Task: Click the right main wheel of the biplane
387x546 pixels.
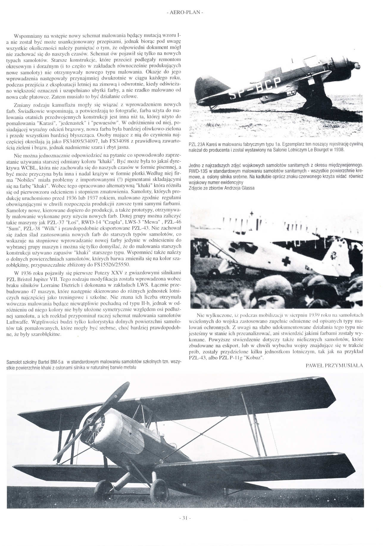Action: [159, 490]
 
